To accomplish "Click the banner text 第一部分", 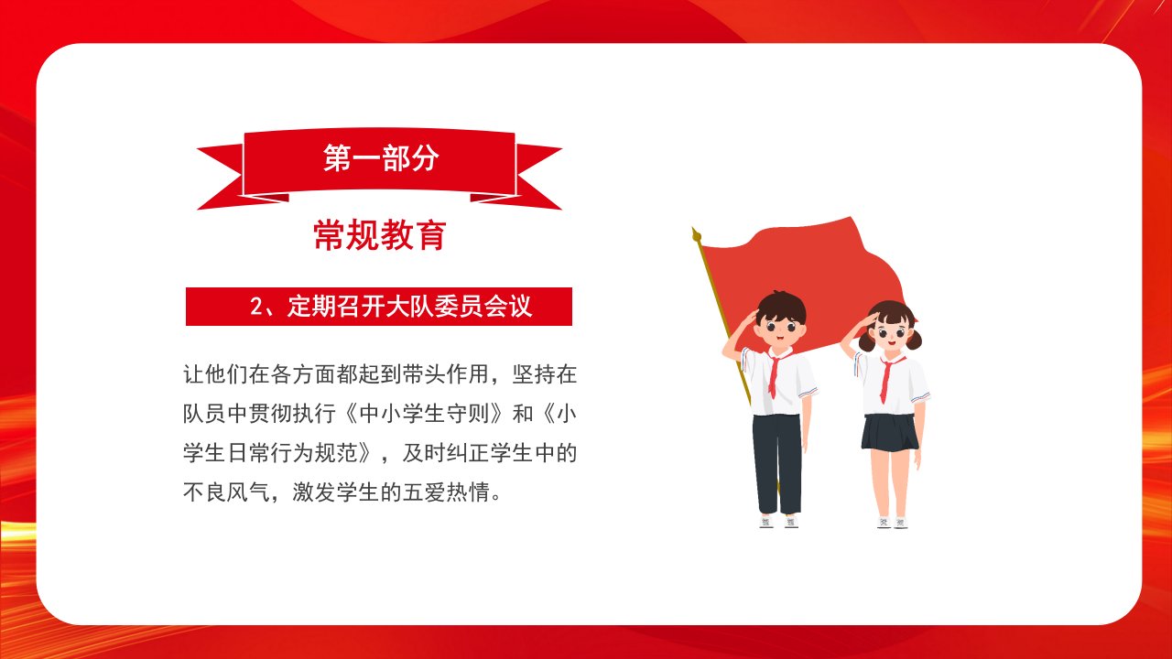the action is (381, 157).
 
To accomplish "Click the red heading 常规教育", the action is (380, 235).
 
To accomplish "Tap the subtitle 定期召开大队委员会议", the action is (409, 307).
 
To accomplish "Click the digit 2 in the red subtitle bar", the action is (256, 307).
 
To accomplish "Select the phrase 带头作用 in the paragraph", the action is (445, 374).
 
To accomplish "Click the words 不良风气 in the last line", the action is (226, 492).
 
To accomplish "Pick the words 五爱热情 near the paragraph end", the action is (446, 492).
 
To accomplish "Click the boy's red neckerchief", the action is (776, 372).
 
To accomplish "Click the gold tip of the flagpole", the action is (696, 234).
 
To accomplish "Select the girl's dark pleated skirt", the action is (889, 433).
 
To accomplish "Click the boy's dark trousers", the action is (777, 463).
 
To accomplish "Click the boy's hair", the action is (781, 306).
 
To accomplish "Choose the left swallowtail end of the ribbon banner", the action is (221, 177).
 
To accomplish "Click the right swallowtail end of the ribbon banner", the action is (539, 177).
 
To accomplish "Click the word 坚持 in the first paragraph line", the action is (533, 374).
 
